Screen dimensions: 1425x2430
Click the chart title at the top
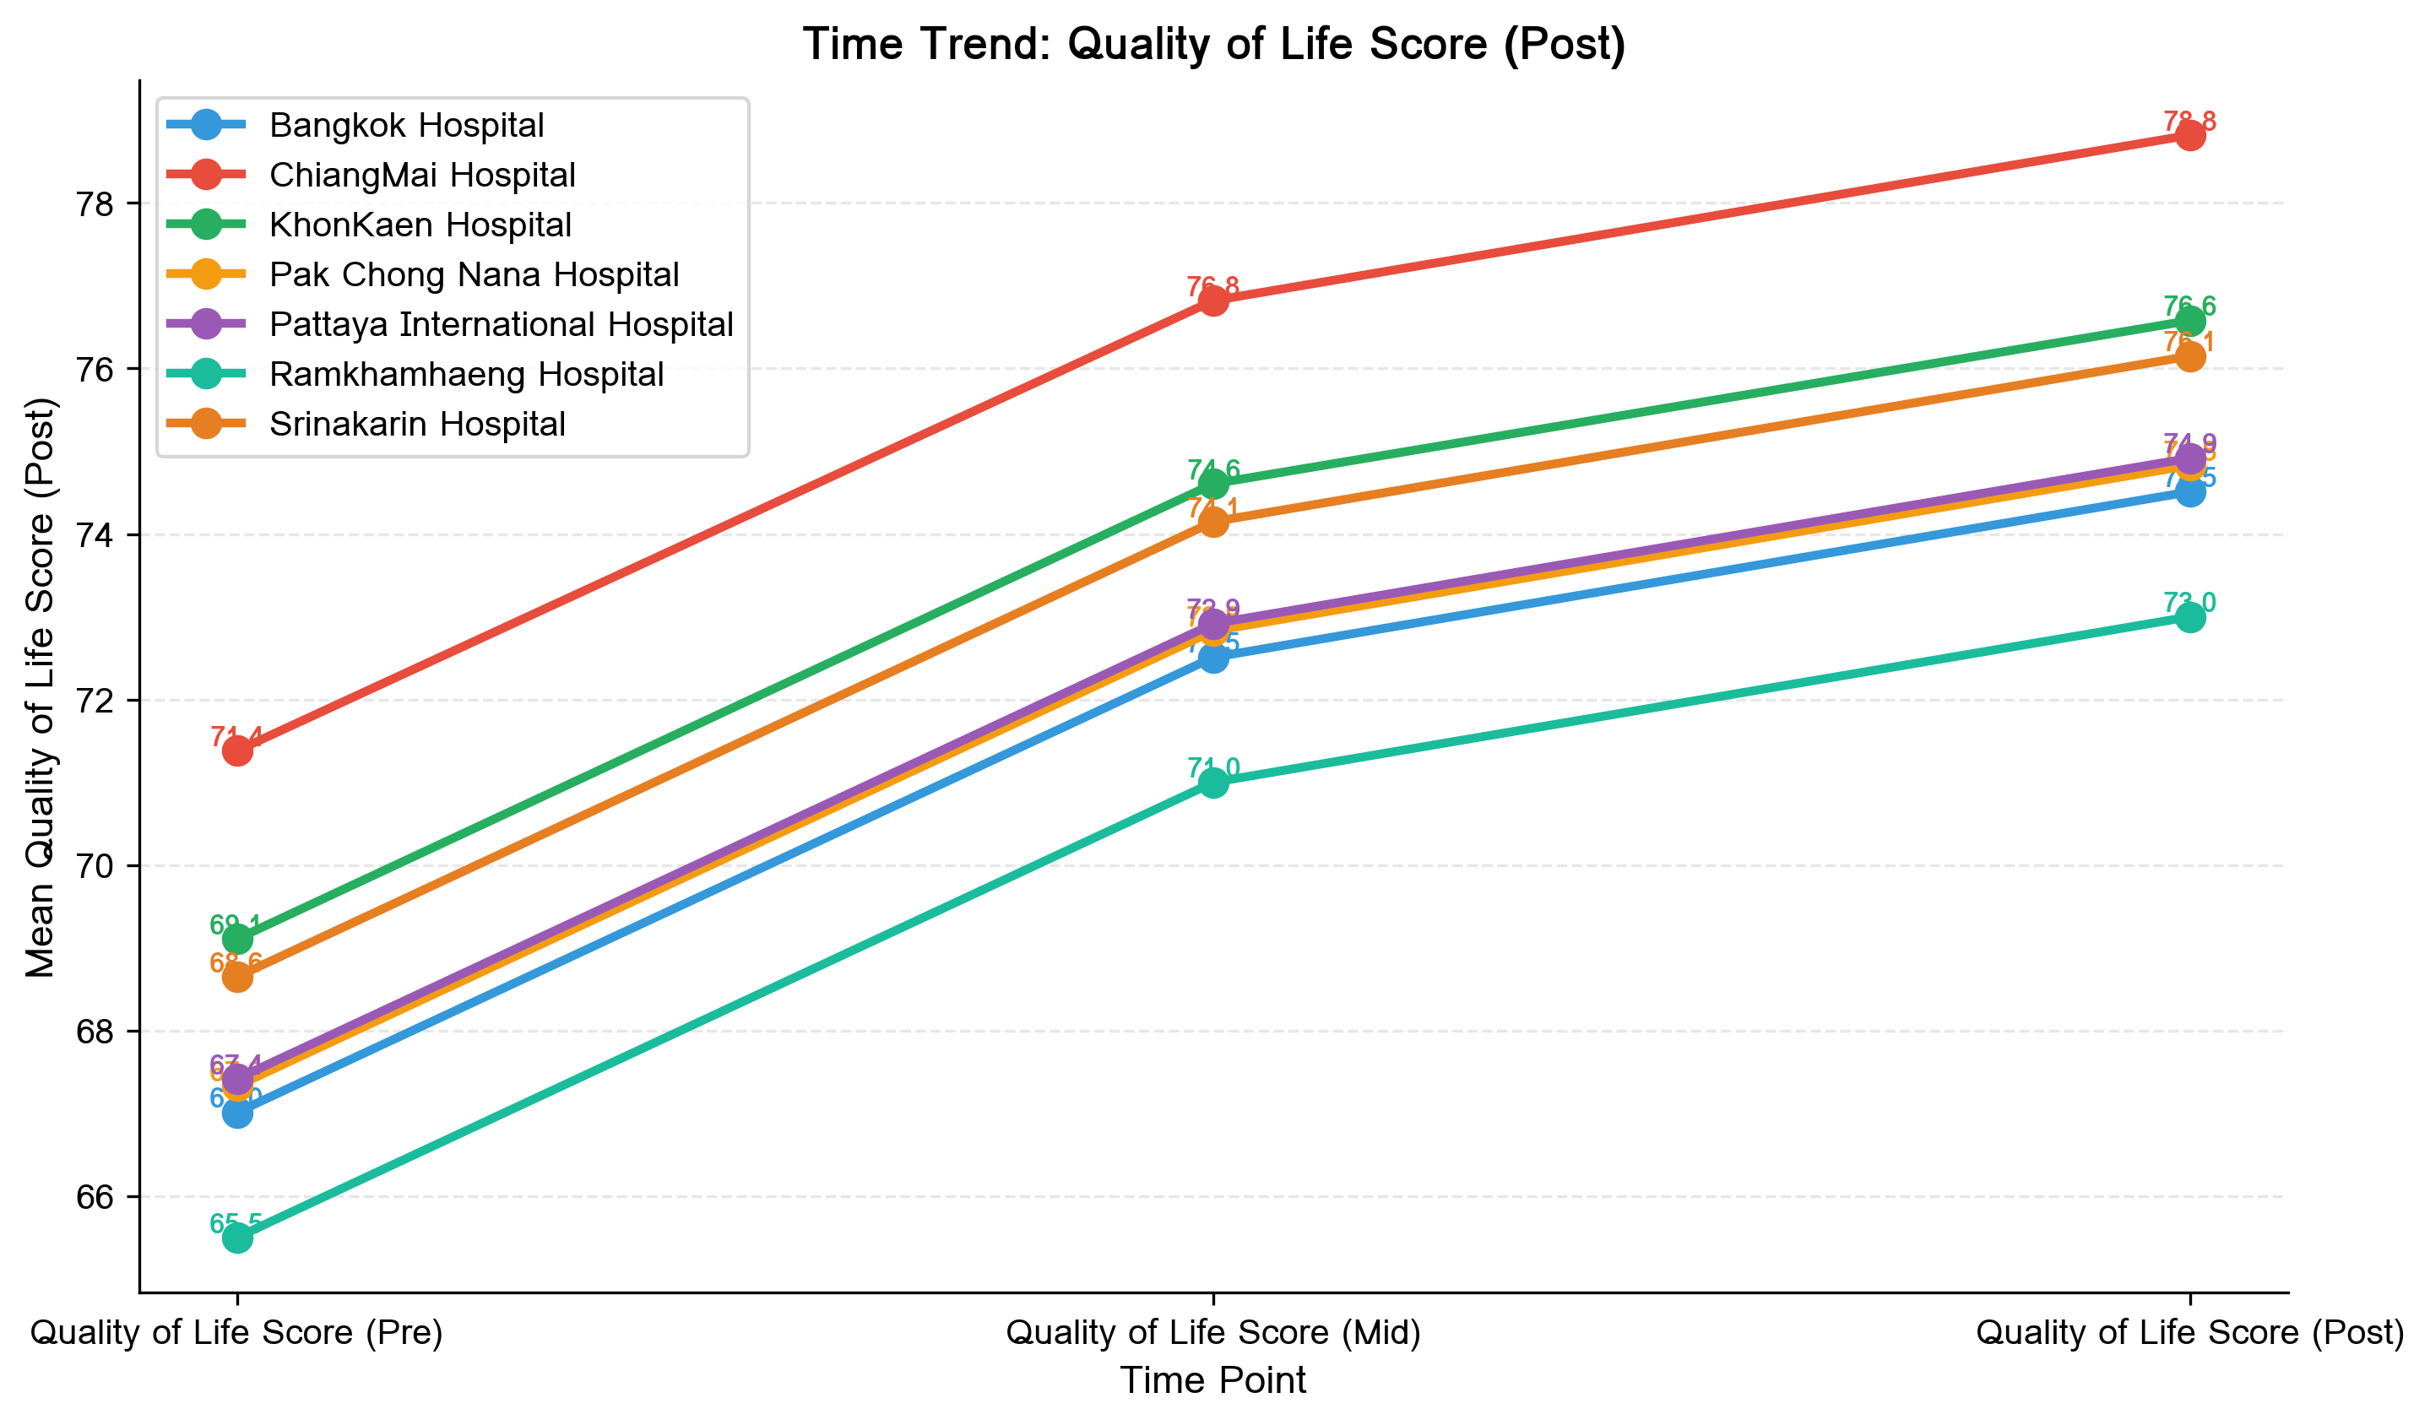pyautogui.click(x=1214, y=45)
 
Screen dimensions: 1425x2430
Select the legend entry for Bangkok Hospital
pyautogui.click(x=406, y=125)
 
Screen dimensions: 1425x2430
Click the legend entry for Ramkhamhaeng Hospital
pyautogui.click(x=466, y=374)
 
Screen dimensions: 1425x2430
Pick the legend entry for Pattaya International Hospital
pyautogui.click(x=501, y=324)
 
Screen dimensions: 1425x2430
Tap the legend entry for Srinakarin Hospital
pyautogui.click(x=416, y=425)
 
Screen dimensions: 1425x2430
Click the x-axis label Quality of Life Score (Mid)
pyautogui.click(x=1213, y=1332)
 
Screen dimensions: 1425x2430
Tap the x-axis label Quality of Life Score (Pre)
pyautogui.click(x=237, y=1332)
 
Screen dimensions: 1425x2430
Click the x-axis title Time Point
pyautogui.click(x=1213, y=1380)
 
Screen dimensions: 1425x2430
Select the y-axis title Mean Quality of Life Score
pyautogui.click(x=41, y=686)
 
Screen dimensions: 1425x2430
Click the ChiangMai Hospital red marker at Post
pyautogui.click(x=2190, y=136)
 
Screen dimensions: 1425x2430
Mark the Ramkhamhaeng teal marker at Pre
pyautogui.click(x=238, y=1238)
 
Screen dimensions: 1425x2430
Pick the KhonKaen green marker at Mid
pyautogui.click(x=1214, y=483)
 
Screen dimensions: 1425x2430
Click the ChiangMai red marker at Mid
pyautogui.click(x=1214, y=301)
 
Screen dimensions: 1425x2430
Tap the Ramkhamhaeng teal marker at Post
pyautogui.click(x=2190, y=617)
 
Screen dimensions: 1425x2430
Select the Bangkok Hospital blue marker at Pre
pyautogui.click(x=238, y=1113)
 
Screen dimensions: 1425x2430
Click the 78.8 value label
pyautogui.click(x=2190, y=122)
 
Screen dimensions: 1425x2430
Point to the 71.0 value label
pyautogui.click(x=1214, y=767)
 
